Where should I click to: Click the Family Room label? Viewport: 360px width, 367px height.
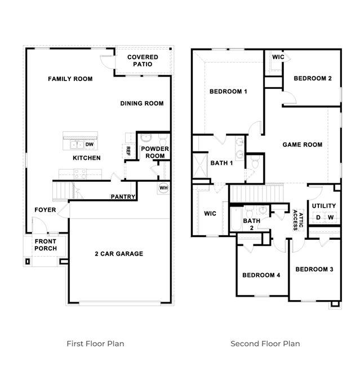pos(70,79)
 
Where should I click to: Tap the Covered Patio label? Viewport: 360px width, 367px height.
pos(143,61)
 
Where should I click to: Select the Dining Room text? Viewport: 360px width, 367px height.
pos(142,104)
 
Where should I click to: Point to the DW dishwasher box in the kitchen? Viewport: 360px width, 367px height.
pos(90,144)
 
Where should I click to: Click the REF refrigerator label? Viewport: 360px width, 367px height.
pos(128,150)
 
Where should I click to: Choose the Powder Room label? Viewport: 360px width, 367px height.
pos(155,152)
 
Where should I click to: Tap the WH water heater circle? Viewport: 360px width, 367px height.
pos(163,188)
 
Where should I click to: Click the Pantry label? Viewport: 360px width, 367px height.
pos(123,197)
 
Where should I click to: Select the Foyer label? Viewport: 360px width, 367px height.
pos(45,210)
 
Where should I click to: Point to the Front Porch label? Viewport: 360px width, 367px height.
pos(45,245)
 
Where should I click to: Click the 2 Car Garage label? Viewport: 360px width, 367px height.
pos(118,254)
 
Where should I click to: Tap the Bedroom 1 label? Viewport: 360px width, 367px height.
pos(228,92)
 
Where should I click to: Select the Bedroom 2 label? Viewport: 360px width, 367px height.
pos(313,78)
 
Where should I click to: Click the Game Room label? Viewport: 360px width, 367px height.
pos(302,145)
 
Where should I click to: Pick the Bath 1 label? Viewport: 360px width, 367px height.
pos(221,163)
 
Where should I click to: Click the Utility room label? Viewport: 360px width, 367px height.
pos(323,206)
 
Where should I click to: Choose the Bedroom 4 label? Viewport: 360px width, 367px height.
pos(261,275)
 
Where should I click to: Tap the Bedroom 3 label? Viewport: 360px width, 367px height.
pos(314,270)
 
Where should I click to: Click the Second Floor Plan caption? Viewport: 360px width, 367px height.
pos(265,343)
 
